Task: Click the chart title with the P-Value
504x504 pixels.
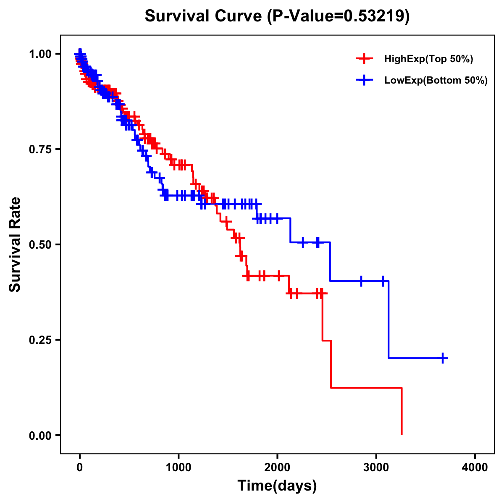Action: pos(277,16)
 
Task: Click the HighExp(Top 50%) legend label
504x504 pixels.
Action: pos(428,59)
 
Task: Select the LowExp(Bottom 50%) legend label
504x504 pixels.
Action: pos(436,81)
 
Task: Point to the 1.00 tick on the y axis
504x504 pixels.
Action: pos(40,54)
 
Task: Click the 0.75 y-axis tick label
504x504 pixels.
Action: pos(40,149)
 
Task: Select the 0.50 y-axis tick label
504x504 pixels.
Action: pos(40,244)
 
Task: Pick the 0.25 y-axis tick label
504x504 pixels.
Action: pos(40,340)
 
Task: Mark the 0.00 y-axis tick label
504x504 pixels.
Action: pos(40,435)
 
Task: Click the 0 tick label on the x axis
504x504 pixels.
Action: pos(80,467)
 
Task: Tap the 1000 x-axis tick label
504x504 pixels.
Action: pos(178,467)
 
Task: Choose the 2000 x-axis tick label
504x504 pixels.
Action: pos(277,467)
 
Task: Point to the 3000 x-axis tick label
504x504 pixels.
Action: pos(376,467)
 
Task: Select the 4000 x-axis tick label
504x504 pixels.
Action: pos(475,467)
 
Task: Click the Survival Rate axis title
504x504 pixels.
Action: pos(15,244)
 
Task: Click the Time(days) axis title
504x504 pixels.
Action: pos(277,486)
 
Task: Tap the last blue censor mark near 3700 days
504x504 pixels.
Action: pos(443,358)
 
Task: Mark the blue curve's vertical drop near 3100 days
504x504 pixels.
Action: pos(389,319)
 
